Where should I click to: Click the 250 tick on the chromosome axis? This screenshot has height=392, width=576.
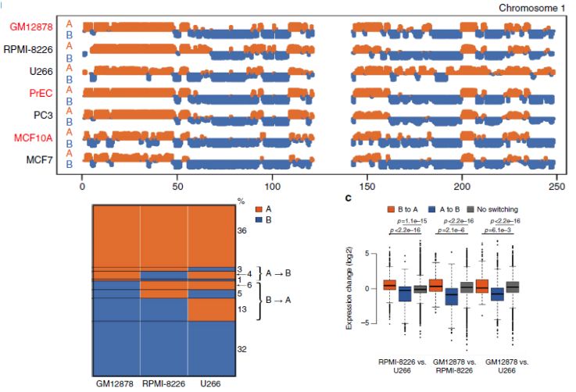coord(556,188)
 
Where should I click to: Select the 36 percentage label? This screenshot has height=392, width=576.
coord(241,231)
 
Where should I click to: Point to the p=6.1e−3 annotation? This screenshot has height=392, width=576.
coord(509,241)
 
